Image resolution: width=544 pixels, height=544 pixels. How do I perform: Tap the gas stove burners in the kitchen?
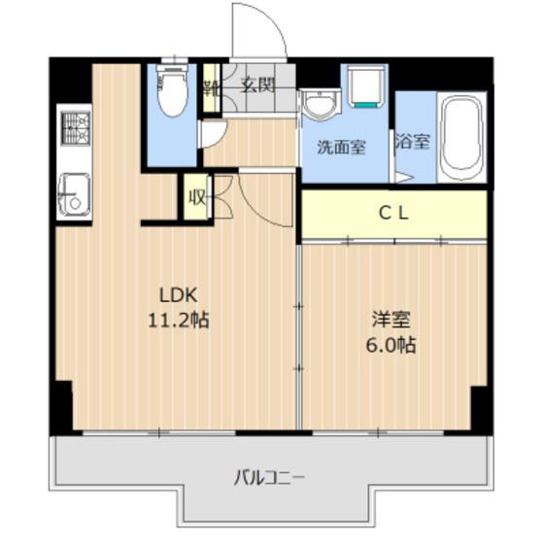(75, 127)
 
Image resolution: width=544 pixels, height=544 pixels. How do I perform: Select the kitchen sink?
(74, 195)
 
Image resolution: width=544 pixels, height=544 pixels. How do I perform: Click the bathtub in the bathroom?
(461, 137)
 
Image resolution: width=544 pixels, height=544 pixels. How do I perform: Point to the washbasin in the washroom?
(321, 105)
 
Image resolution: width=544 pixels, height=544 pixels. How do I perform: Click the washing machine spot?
(365, 86)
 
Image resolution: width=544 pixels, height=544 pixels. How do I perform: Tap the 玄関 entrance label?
(258, 85)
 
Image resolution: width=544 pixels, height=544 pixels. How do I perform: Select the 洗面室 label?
(341, 148)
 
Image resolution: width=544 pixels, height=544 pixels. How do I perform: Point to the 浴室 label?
(413, 142)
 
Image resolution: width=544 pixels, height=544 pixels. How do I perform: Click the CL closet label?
(393, 214)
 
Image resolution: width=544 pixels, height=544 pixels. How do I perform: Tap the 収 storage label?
(196, 198)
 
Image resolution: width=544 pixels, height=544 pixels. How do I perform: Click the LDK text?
(179, 295)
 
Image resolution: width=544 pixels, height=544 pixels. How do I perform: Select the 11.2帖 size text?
(179, 320)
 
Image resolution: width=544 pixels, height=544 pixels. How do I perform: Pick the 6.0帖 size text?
(391, 344)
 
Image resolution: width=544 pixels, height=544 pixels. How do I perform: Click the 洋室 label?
(391, 320)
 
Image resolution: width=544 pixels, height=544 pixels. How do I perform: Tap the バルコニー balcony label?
(269, 478)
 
